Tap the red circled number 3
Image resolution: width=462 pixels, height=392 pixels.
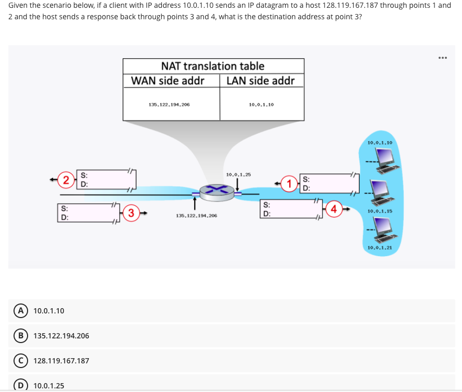132,212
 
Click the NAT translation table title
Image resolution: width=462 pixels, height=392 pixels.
213,66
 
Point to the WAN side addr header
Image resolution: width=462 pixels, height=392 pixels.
168,81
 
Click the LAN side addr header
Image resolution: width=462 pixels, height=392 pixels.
261,81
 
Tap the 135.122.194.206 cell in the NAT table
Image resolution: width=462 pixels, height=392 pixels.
169,105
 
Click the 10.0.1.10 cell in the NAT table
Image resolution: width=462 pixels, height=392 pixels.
261,105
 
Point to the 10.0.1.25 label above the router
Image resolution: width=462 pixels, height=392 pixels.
238,174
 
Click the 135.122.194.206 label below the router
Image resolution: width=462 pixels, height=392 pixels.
197,215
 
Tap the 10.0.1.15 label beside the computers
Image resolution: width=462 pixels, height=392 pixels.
379,211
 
